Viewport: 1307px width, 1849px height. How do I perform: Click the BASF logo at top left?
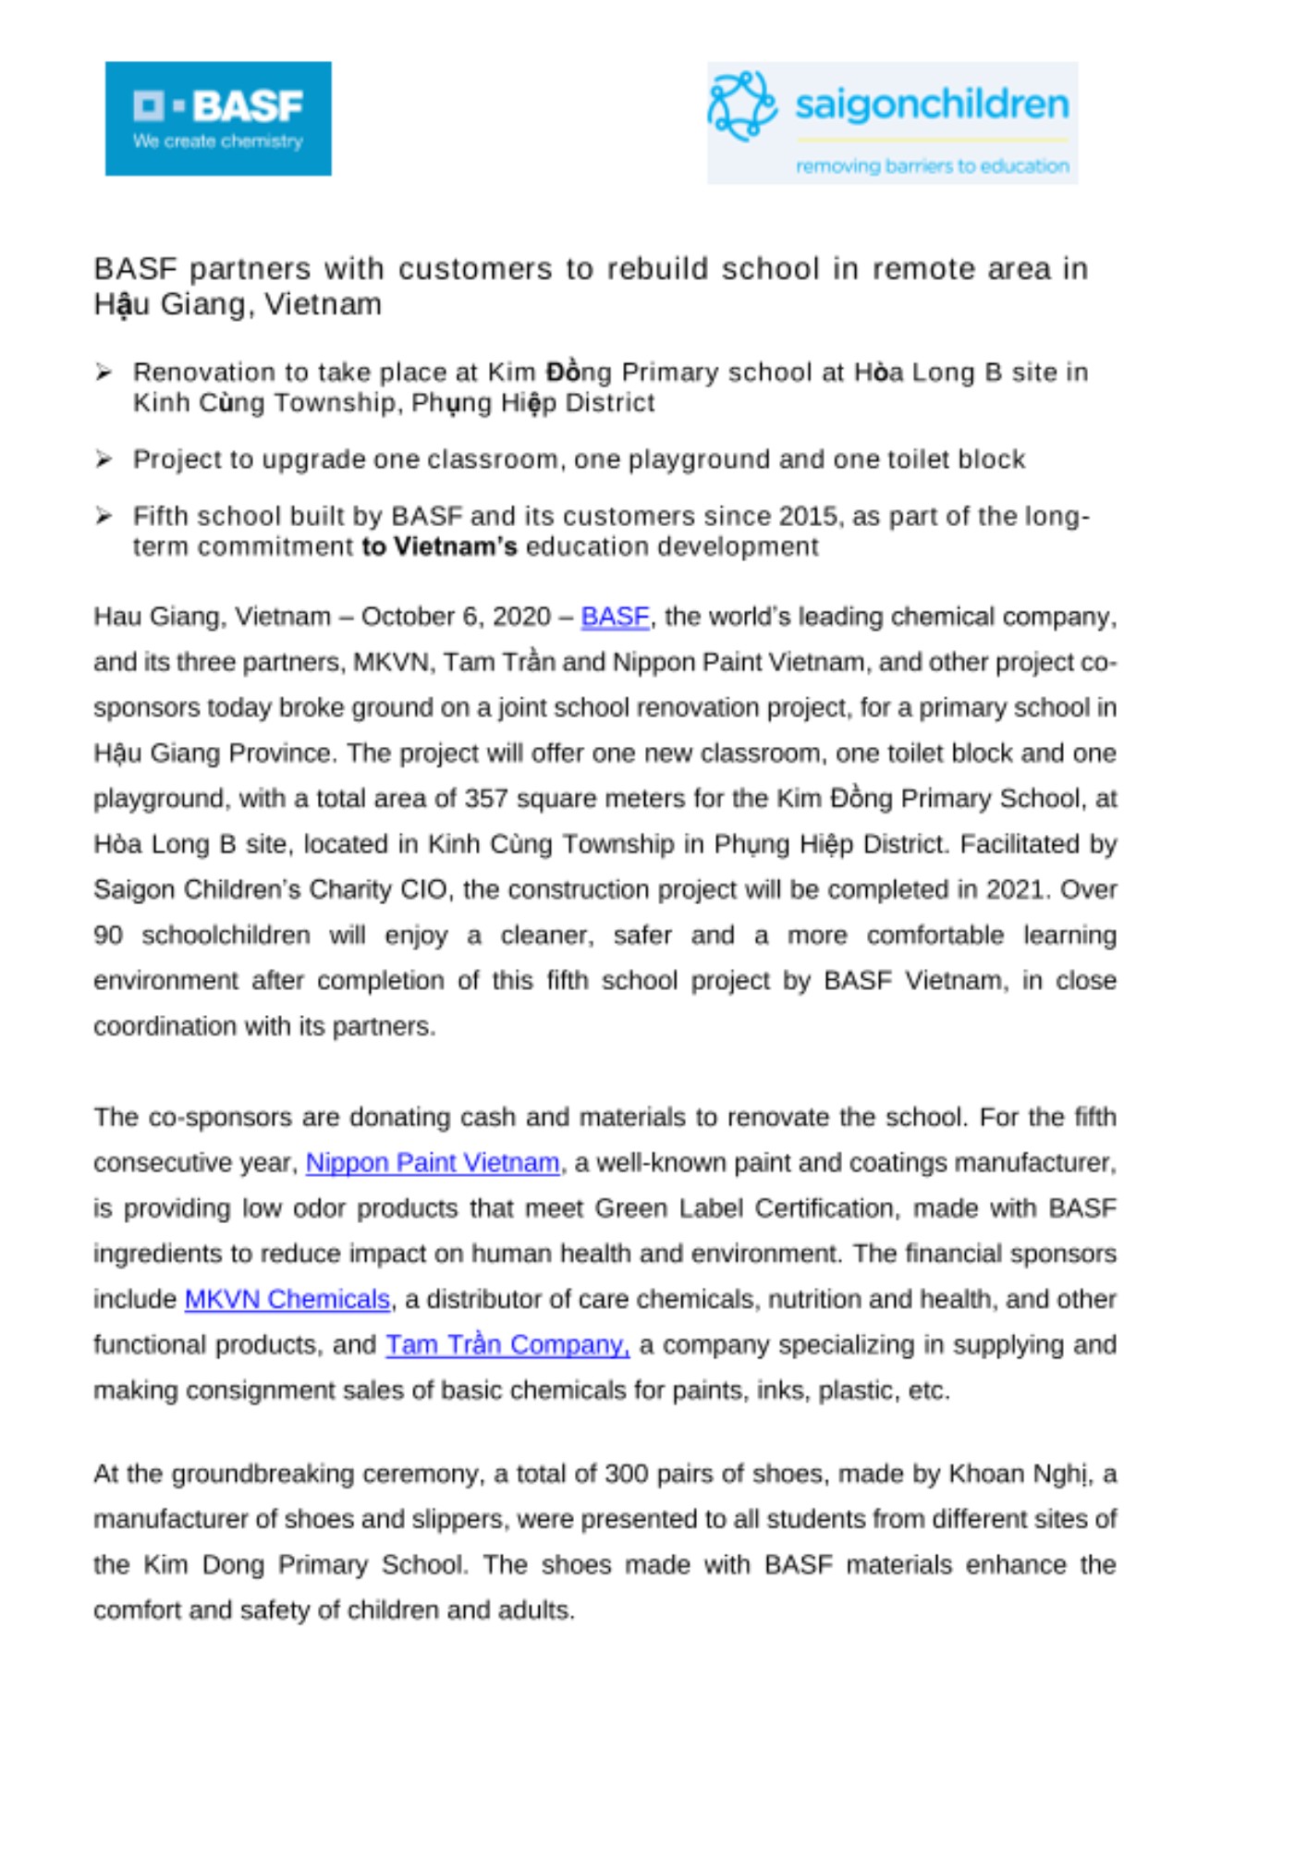218,118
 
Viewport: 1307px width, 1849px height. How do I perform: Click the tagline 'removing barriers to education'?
932,166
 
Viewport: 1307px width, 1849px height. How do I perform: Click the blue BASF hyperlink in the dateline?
615,617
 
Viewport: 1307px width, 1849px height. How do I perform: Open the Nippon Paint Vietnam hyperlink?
433,1163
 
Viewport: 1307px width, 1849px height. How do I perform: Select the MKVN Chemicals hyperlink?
287,1300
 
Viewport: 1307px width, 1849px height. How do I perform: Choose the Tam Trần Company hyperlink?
507,1345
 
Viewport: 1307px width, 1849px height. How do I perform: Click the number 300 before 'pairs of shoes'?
626,1474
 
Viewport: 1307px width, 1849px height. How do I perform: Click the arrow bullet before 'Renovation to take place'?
104,373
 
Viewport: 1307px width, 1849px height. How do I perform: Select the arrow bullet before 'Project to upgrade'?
104,459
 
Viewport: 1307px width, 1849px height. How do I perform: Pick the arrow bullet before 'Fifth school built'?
104,516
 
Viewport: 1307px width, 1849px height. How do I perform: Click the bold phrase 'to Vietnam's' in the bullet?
439,547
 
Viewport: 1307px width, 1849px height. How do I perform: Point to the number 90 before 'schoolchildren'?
108,936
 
